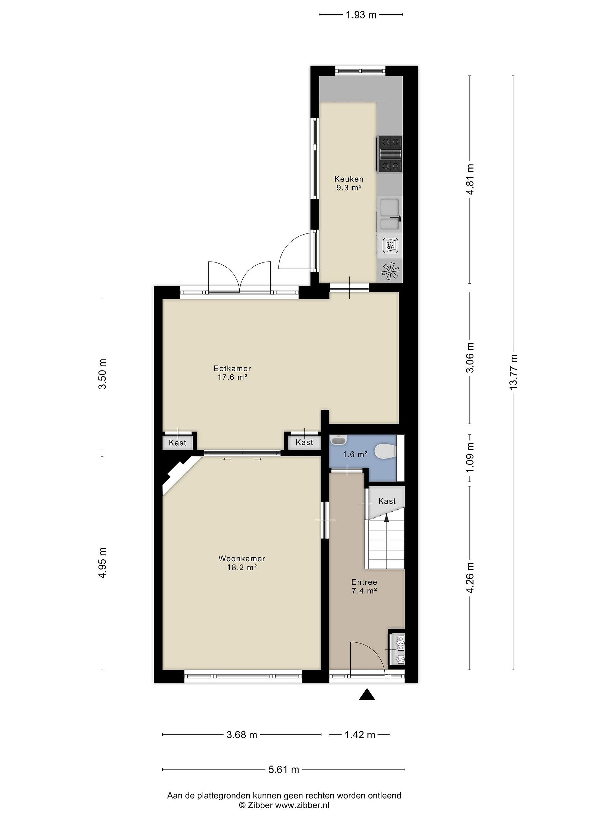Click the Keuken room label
pyautogui.click(x=349, y=179)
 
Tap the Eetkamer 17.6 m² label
pyautogui.click(x=232, y=373)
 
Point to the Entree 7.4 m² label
pyautogui.click(x=364, y=586)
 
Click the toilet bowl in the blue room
pyautogui.click(x=385, y=451)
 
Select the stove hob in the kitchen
pyautogui.click(x=389, y=154)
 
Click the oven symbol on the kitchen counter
pyautogui.click(x=390, y=245)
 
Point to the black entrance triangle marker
pyautogui.click(x=367, y=694)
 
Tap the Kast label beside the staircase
pyautogui.click(x=387, y=501)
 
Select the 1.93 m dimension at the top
pyautogui.click(x=361, y=15)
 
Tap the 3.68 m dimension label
pyautogui.click(x=242, y=735)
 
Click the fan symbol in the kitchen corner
pyautogui.click(x=390, y=271)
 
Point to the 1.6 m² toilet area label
pyautogui.click(x=355, y=454)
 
